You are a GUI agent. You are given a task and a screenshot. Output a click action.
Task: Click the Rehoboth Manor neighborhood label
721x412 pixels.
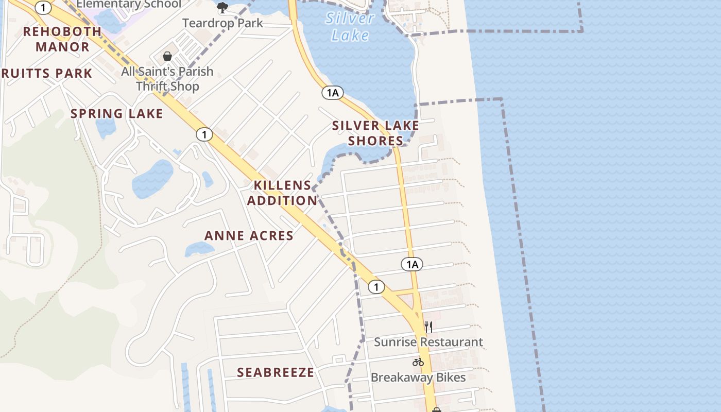coord(62,39)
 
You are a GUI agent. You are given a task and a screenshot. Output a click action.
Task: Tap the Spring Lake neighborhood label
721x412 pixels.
coord(116,114)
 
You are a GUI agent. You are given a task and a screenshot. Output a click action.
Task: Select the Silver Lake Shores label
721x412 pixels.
coord(375,133)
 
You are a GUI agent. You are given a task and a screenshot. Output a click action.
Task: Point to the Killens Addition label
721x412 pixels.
coord(282,193)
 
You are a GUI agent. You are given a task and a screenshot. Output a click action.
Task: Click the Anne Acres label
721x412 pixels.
coord(249,236)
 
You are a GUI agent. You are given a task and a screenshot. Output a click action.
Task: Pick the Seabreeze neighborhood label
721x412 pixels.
coord(276,372)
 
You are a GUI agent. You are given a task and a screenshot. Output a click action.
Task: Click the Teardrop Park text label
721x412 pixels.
coord(222,23)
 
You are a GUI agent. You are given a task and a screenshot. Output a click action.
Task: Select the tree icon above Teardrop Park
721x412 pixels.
coord(222,8)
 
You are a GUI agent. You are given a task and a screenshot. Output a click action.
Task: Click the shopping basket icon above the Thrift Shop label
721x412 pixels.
coord(167,56)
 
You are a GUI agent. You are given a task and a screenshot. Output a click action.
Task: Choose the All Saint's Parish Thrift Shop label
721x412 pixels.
coord(167,78)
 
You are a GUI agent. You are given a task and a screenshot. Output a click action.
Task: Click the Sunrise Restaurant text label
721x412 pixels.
coord(428,342)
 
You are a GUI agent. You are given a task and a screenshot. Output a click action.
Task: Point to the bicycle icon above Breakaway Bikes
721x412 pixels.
coord(418,362)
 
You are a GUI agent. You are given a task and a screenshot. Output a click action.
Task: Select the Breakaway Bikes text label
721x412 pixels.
coord(418,377)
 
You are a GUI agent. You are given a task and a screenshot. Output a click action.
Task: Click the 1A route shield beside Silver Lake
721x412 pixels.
coord(333,93)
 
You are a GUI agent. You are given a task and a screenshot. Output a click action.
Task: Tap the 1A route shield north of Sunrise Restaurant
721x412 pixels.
coord(412,265)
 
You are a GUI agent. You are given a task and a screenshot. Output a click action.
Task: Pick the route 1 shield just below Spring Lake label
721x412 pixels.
coord(204,135)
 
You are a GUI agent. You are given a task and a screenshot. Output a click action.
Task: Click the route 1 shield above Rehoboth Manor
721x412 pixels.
coord(43,7)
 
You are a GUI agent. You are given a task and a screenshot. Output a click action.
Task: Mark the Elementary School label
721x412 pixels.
coord(129,5)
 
